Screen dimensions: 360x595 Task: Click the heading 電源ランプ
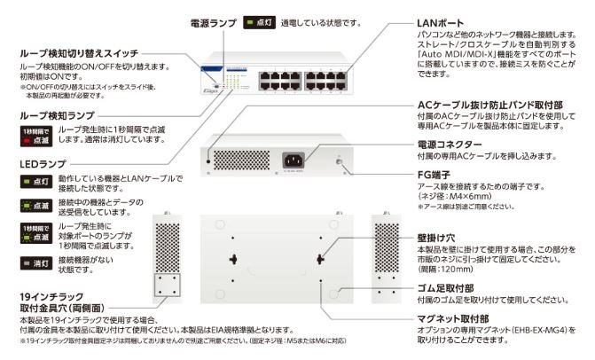(x=211, y=19)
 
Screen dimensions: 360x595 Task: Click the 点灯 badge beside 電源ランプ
(x=262, y=20)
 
